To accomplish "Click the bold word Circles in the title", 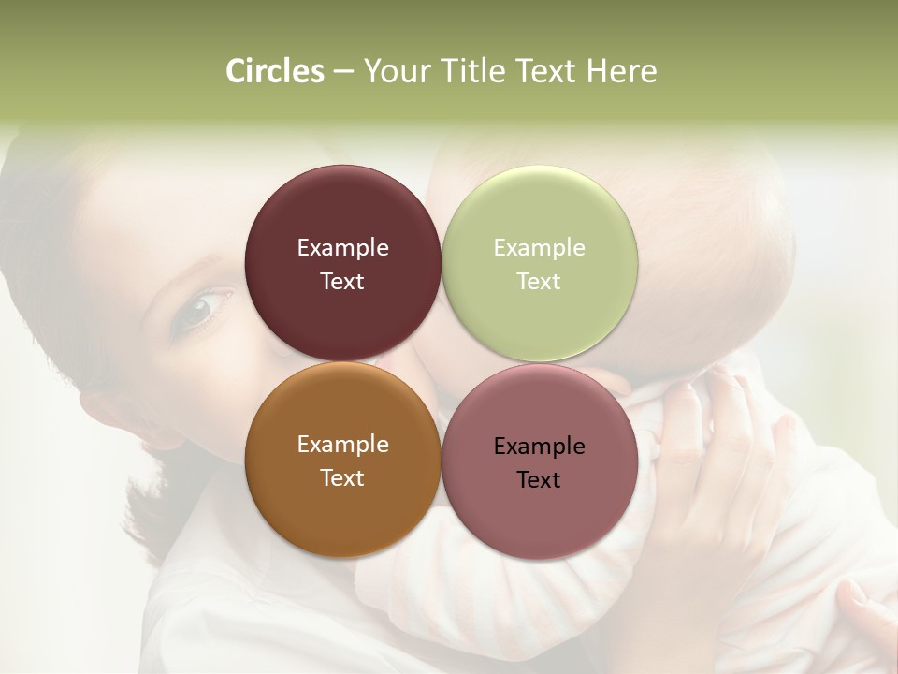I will tap(274, 71).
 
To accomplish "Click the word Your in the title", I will tap(397, 71).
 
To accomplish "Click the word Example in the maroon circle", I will tap(342, 248).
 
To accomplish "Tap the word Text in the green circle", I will tap(539, 282).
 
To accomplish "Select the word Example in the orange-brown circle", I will tap(342, 445).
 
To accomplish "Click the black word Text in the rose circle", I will tap(539, 480).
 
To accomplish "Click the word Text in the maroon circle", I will tap(342, 282).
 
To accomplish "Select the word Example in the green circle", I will tap(539, 248).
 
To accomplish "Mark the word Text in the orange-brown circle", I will tap(342, 478).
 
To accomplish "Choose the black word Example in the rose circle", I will tap(539, 447).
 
